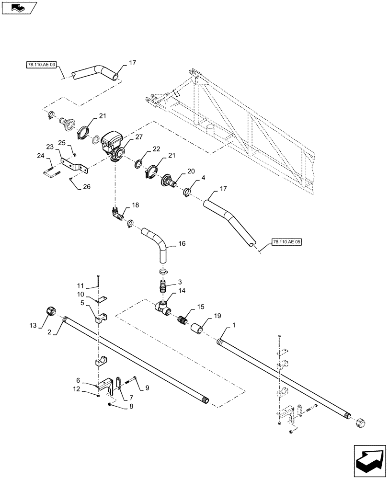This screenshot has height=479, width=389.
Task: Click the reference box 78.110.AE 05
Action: point(287,242)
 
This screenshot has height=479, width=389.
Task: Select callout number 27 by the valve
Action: point(139,137)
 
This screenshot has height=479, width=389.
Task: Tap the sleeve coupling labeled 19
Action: point(198,330)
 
